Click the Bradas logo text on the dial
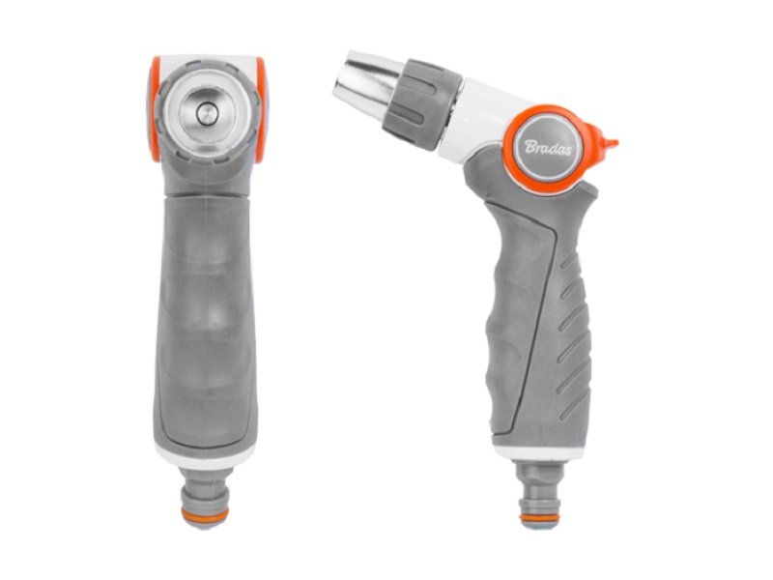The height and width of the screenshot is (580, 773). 548,148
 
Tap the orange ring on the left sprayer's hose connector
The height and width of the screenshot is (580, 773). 205,515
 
